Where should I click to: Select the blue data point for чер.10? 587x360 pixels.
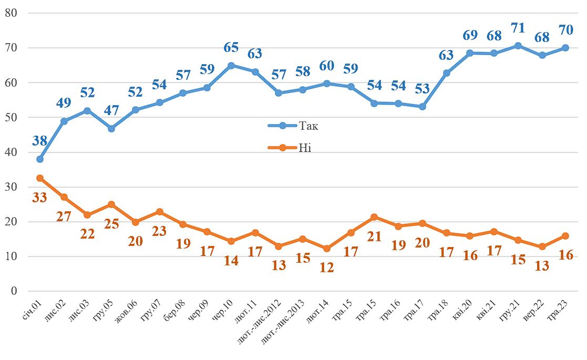[x=231, y=66]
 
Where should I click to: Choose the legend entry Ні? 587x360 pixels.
[x=305, y=148]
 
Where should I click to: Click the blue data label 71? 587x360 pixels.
[x=518, y=27]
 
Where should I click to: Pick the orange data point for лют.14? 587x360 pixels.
[x=327, y=249]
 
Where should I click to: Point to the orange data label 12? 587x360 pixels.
[x=326, y=266]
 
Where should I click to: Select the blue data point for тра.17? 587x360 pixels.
[x=423, y=107]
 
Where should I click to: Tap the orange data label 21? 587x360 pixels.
[x=375, y=236]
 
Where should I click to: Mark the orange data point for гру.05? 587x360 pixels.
[x=111, y=204]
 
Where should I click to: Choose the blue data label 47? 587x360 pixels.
[x=111, y=111]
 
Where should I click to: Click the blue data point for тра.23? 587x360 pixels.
[x=565, y=48]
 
